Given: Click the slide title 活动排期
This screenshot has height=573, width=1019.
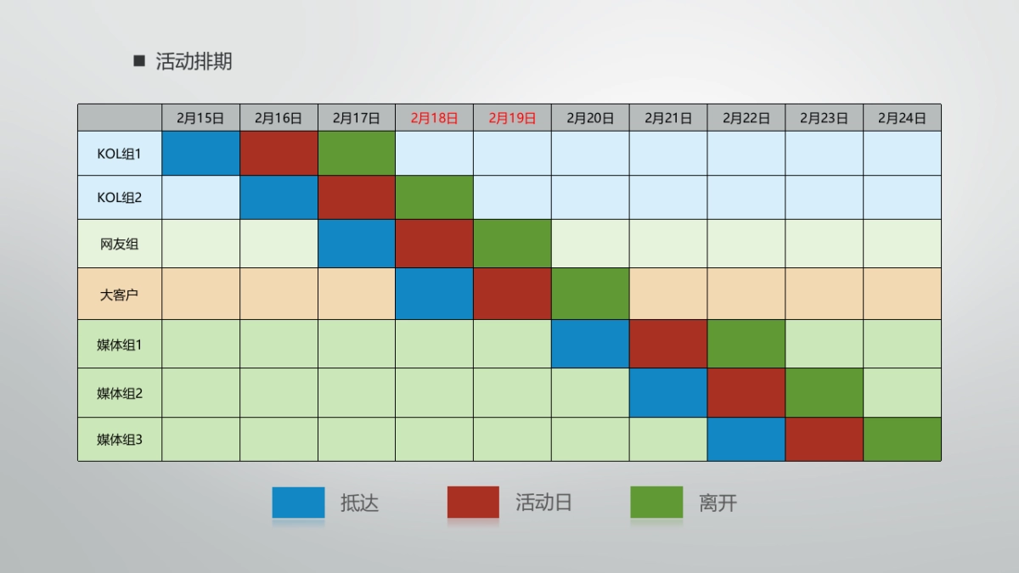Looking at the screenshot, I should click(194, 61).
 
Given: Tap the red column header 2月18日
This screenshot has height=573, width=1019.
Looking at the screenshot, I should click(434, 118).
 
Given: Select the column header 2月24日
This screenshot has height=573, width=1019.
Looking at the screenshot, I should click(902, 118).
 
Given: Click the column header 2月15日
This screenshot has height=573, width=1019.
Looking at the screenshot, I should click(200, 118).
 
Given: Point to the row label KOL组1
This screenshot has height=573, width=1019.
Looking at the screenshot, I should click(120, 154).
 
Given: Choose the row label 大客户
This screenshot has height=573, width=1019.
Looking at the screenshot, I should click(120, 295).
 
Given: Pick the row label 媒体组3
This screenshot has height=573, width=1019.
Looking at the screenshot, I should click(120, 440).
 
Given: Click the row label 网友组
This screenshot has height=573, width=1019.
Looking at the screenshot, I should click(120, 244).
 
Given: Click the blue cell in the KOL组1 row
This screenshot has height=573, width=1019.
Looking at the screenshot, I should click(200, 154).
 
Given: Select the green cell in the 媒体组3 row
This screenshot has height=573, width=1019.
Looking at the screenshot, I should click(902, 440).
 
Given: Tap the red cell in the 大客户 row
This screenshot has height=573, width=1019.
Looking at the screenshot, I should click(512, 295).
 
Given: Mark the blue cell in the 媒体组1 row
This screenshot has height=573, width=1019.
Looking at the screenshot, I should click(590, 344).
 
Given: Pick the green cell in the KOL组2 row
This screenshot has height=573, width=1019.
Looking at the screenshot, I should click(434, 198).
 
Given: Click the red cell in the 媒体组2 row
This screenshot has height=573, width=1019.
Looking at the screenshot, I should click(746, 392).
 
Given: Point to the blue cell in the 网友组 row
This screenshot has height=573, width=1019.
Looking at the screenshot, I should click(357, 244).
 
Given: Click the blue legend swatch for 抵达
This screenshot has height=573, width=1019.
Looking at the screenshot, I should click(298, 503).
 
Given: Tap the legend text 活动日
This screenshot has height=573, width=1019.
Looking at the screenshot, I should click(543, 503).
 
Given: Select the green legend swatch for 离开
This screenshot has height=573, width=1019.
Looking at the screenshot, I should click(656, 503).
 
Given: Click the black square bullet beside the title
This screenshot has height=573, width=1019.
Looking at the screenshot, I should click(139, 61).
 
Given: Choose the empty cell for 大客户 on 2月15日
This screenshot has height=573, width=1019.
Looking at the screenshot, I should click(200, 295).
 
